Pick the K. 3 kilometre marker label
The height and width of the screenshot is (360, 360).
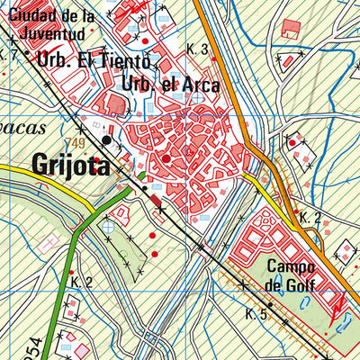198,49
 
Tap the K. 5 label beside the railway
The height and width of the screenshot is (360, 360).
256,314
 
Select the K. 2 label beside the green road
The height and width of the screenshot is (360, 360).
82,283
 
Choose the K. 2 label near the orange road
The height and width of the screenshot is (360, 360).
310,218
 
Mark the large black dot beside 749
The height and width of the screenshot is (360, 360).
106,140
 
